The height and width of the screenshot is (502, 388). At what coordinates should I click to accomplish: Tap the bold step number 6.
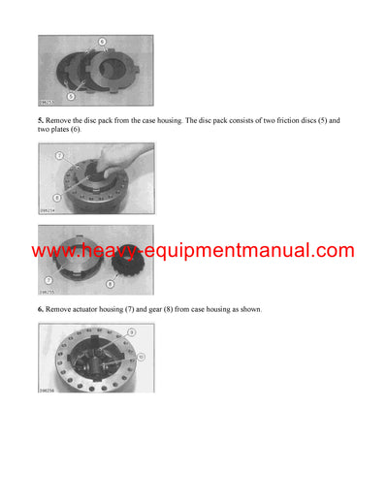[42, 308]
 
